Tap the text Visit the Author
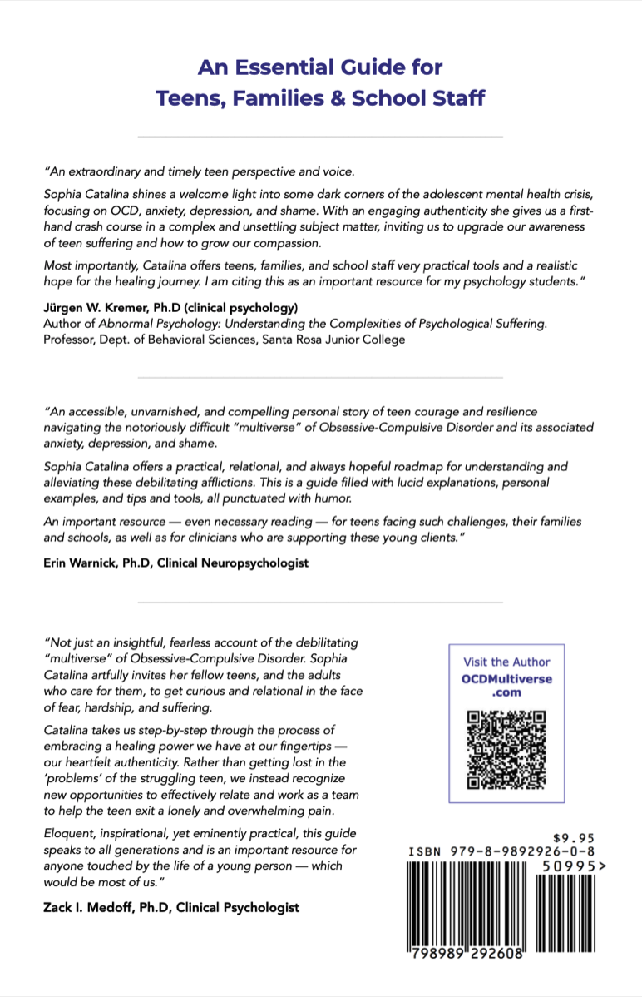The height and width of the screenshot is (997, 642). pyautogui.click(x=506, y=662)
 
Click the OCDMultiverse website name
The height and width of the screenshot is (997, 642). pyautogui.click(x=506, y=678)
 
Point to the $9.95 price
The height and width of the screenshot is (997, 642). pyautogui.click(x=575, y=838)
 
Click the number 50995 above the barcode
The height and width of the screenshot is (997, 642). pyautogui.click(x=567, y=866)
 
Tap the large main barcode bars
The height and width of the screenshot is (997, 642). pyautogui.click(x=467, y=903)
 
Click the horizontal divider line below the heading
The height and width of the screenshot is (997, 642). pyautogui.click(x=320, y=136)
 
